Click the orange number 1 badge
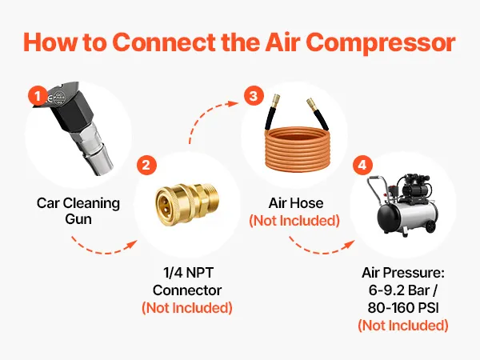tap(38, 97)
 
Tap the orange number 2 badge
tap(146, 166)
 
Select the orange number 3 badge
tap(254, 96)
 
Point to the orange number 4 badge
tap(362, 166)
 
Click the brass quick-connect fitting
tap(186, 199)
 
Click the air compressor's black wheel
tap(430, 226)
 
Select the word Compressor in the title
tap(381, 42)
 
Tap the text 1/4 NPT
tap(188, 273)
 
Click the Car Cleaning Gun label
tap(78, 211)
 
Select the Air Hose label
tap(296, 203)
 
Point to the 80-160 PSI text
tap(403, 308)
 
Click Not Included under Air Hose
tap(294, 221)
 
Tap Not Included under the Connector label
tap(187, 308)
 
